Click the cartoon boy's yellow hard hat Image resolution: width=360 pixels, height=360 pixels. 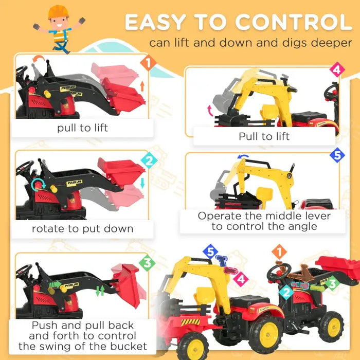pyautogui.click(x=58, y=11)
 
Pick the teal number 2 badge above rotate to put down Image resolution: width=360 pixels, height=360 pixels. pyautogui.click(x=148, y=161)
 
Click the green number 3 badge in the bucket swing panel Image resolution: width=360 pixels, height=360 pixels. pyautogui.click(x=147, y=263)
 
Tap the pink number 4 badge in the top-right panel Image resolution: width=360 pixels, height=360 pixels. pyautogui.click(x=336, y=69)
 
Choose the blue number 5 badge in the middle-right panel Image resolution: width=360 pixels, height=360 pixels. pyautogui.click(x=337, y=155)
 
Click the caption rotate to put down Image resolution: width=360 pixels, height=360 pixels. pyautogui.click(x=82, y=228)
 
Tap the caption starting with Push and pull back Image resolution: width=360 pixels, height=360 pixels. pyautogui.click(x=82, y=335)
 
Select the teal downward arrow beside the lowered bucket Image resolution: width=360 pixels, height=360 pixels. pyautogui.click(x=142, y=183)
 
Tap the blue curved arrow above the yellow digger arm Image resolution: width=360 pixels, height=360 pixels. pyautogui.click(x=243, y=157)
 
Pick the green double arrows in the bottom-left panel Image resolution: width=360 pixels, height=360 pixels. pyautogui.click(x=100, y=291)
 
